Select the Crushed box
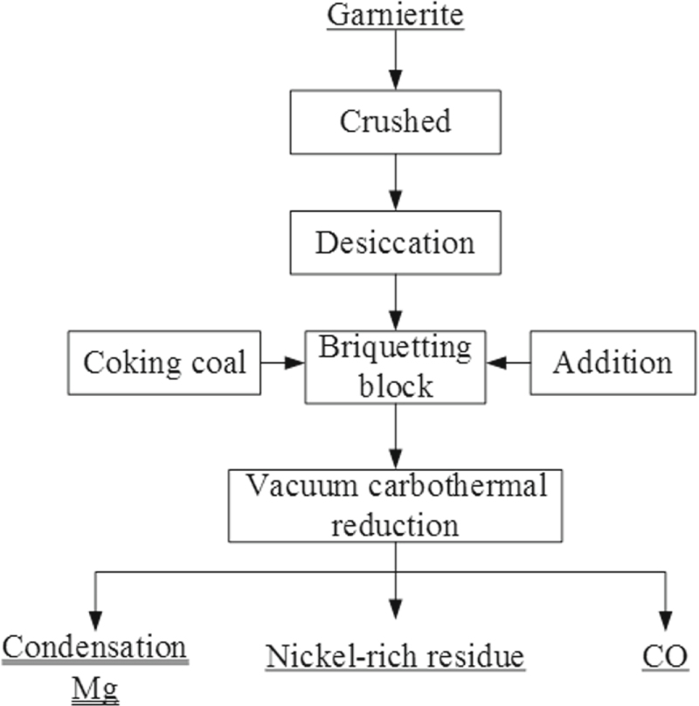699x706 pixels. [397, 121]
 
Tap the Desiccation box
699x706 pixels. [397, 242]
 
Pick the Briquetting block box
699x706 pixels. [397, 366]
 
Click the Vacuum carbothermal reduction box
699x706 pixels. [397, 506]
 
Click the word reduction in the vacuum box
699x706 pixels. [397, 525]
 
